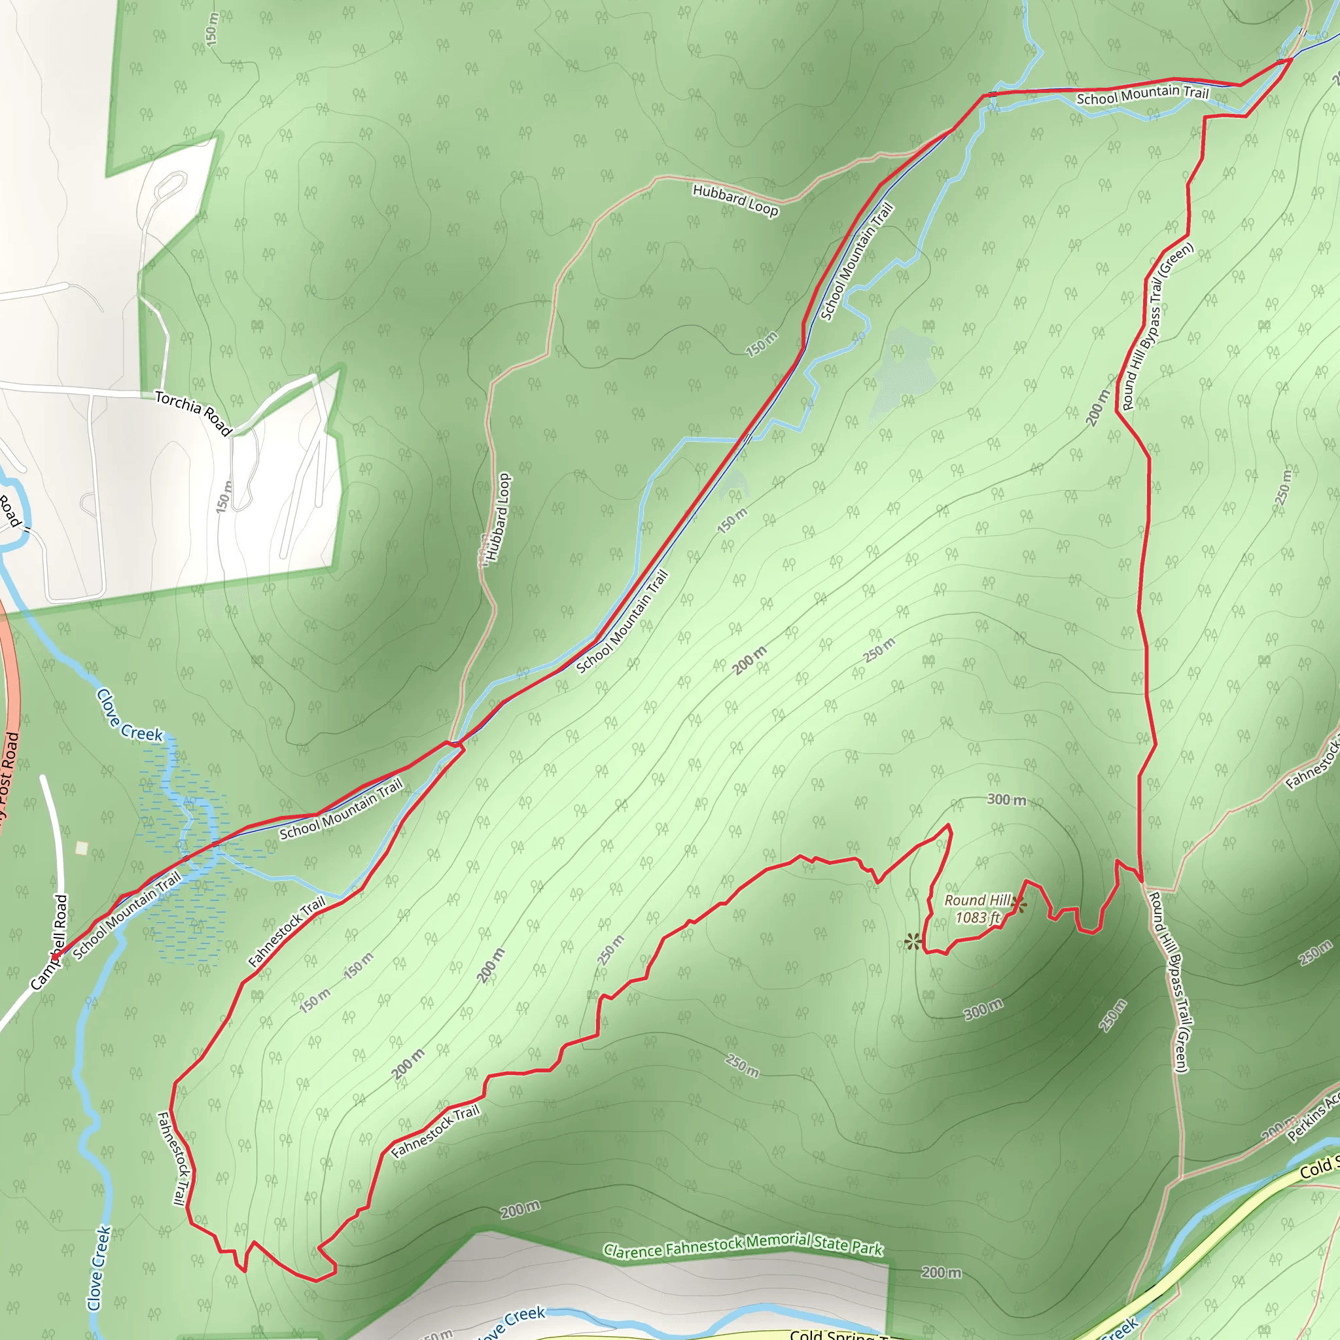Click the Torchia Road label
(x=193, y=412)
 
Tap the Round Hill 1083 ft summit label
(x=978, y=909)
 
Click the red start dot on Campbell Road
(x=55, y=957)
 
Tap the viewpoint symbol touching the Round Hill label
(x=1018, y=904)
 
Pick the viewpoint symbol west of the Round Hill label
(x=913, y=941)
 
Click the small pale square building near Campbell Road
(x=82, y=847)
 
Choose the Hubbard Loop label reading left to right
(x=735, y=200)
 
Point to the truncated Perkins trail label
(x=1314, y=1118)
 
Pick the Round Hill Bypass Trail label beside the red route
(x=1157, y=326)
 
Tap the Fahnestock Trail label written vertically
(x=173, y=1158)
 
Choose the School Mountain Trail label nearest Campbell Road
(x=126, y=915)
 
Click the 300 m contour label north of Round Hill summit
(x=1006, y=800)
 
